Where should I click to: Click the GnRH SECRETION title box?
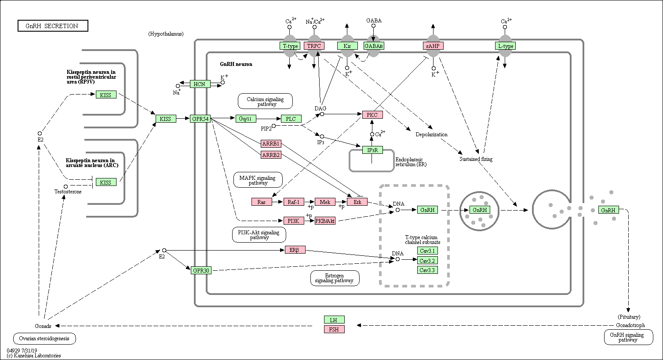point(53,26)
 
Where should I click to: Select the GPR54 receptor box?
point(200,119)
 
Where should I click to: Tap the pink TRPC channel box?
point(314,46)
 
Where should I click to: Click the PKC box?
point(372,115)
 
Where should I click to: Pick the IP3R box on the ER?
point(372,150)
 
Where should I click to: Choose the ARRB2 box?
point(271,155)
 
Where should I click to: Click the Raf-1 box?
point(294,202)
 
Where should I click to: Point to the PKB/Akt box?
point(325,221)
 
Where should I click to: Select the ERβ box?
point(295,250)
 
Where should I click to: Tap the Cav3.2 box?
point(427,261)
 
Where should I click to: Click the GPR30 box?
point(201,270)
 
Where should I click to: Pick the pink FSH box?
point(334,329)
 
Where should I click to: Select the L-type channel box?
point(505,46)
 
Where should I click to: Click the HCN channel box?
point(200,84)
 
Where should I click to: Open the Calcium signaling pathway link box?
point(265,101)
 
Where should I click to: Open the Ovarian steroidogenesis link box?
point(44,338)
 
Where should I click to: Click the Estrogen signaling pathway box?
point(335,278)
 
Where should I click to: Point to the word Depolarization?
point(432,135)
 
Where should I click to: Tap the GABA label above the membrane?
point(374,20)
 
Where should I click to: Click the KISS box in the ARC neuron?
point(106,182)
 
